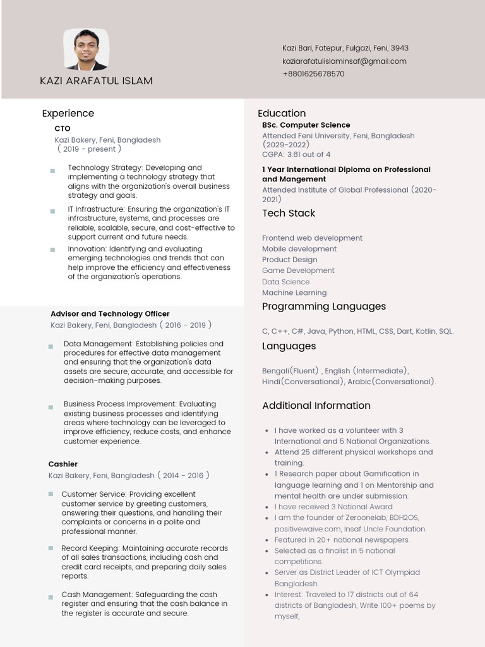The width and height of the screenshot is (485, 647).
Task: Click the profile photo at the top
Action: tap(86, 49)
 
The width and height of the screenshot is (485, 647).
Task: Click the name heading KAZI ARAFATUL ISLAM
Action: tap(96, 81)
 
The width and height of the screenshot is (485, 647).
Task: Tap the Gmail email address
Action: tap(344, 61)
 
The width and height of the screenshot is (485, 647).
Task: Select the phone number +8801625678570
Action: tap(313, 74)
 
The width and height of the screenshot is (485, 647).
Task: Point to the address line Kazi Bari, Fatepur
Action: tap(345, 48)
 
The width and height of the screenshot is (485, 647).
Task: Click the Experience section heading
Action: tap(68, 114)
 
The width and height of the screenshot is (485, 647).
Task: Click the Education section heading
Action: tap(281, 114)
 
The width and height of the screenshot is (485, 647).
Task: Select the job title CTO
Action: tap(63, 129)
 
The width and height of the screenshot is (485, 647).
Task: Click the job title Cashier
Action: tap(63, 464)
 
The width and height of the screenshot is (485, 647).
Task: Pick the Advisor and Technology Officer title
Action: tap(110, 314)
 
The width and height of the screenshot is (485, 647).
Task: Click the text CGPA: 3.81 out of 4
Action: tap(296, 155)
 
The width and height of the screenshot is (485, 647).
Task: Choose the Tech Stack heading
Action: tap(288, 214)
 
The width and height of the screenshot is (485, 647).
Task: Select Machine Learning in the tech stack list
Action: tap(294, 293)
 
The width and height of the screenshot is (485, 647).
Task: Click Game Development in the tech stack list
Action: tap(298, 271)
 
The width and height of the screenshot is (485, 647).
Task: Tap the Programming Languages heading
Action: tap(323, 307)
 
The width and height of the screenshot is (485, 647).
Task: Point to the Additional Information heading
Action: tap(316, 406)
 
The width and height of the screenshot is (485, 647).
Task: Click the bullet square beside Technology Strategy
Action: tap(52, 171)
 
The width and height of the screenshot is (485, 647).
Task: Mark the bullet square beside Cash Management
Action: tap(51, 598)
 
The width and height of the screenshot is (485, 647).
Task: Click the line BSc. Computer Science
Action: tap(306, 125)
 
